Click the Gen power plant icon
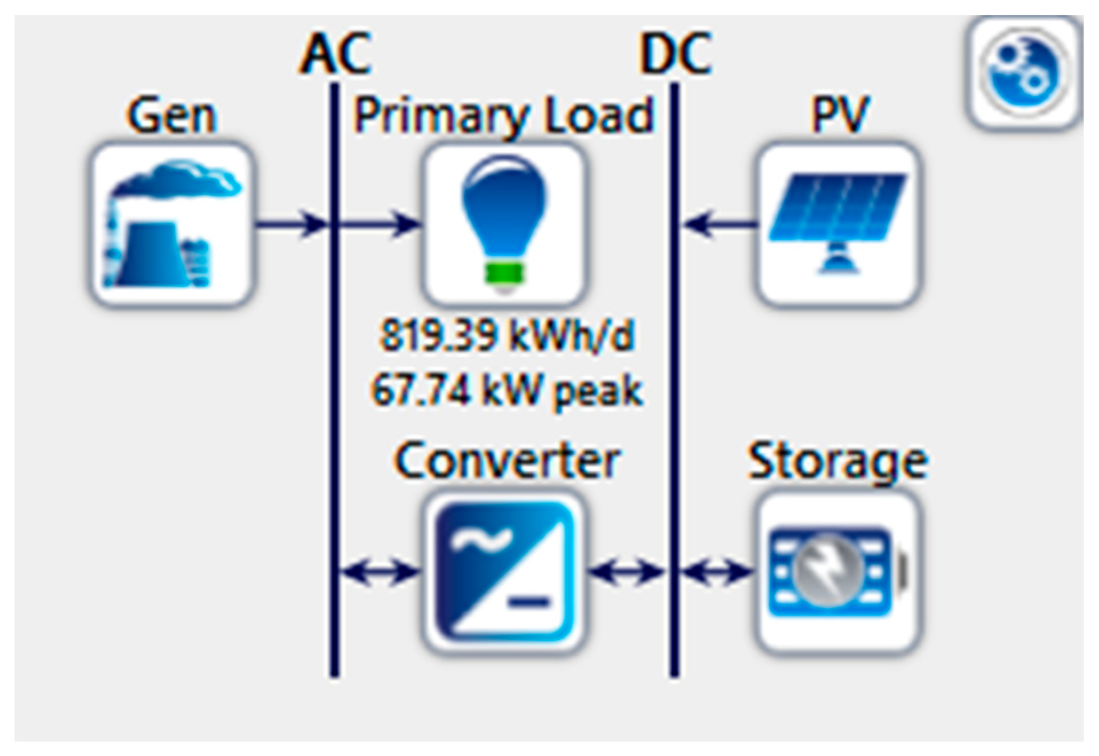click(x=171, y=225)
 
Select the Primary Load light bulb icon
click(x=504, y=225)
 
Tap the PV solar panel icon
click(x=839, y=225)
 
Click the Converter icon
click(x=504, y=572)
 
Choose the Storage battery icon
click(x=839, y=572)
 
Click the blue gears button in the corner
click(x=1024, y=72)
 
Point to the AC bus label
click(x=335, y=54)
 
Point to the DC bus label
click(x=675, y=54)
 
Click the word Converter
click(x=507, y=461)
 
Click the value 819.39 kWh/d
click(x=507, y=336)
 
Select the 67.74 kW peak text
click(x=507, y=391)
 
